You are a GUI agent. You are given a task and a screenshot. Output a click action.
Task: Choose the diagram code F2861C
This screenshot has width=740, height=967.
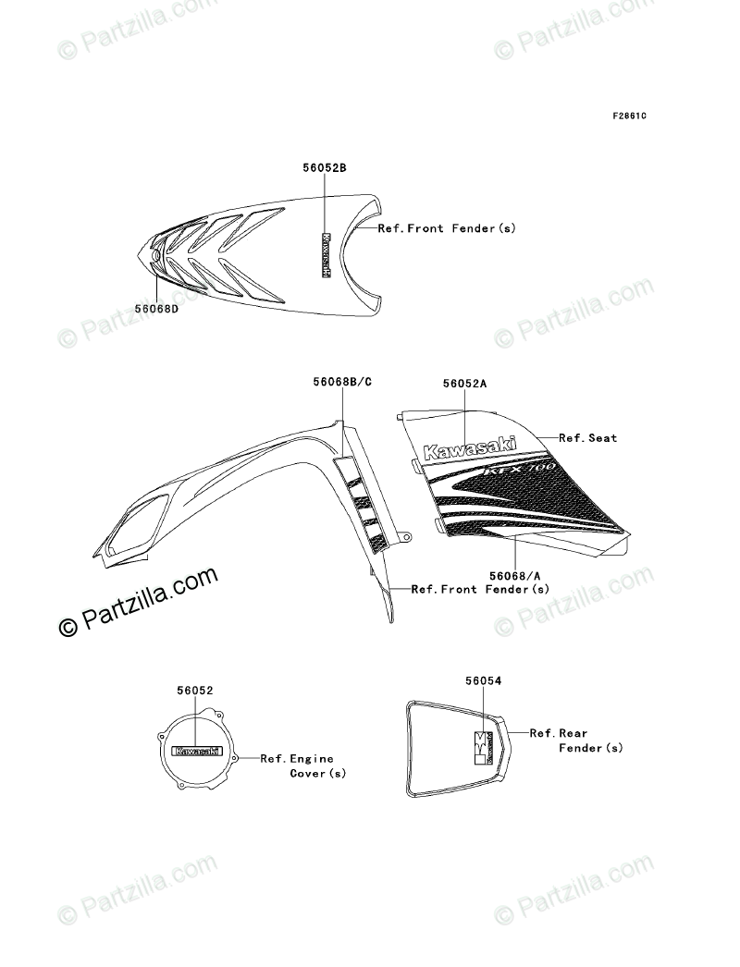[x=602, y=116]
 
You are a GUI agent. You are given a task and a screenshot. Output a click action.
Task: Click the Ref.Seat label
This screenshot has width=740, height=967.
[x=587, y=437]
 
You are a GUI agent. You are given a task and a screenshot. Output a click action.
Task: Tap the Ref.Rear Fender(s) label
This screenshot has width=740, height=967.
[x=575, y=740]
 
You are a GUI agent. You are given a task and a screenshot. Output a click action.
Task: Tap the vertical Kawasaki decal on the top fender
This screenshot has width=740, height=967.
[x=326, y=254]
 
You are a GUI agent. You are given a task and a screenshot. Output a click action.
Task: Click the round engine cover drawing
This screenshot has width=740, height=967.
[x=197, y=753]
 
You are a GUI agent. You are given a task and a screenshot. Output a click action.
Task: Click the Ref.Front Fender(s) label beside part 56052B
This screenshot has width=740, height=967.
[x=447, y=227]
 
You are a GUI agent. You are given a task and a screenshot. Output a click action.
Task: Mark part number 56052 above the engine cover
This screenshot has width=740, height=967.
[x=195, y=690]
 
